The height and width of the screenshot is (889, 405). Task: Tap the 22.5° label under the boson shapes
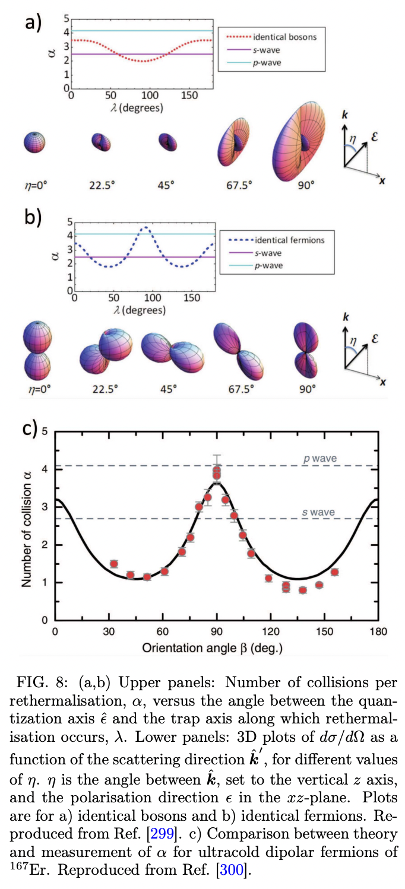click(102, 185)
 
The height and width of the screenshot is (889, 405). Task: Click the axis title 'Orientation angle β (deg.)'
click(212, 647)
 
